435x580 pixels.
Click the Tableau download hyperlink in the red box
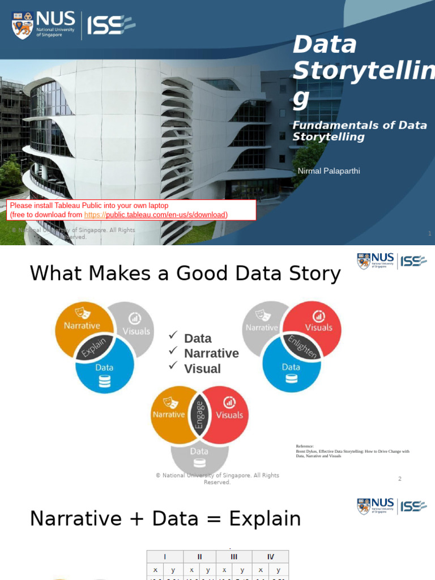[x=156, y=215]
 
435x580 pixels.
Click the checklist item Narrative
[x=211, y=353]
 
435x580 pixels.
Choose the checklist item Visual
[x=202, y=369]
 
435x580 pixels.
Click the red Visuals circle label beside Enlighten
[x=318, y=327]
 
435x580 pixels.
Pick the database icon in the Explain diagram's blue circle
[x=104, y=381]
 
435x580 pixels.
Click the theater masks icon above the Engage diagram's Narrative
[x=168, y=402]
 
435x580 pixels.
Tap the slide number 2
[x=399, y=479]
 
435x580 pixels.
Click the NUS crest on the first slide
[x=23, y=25]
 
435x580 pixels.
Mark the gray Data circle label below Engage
[x=199, y=451]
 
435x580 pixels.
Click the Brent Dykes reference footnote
[x=352, y=451]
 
